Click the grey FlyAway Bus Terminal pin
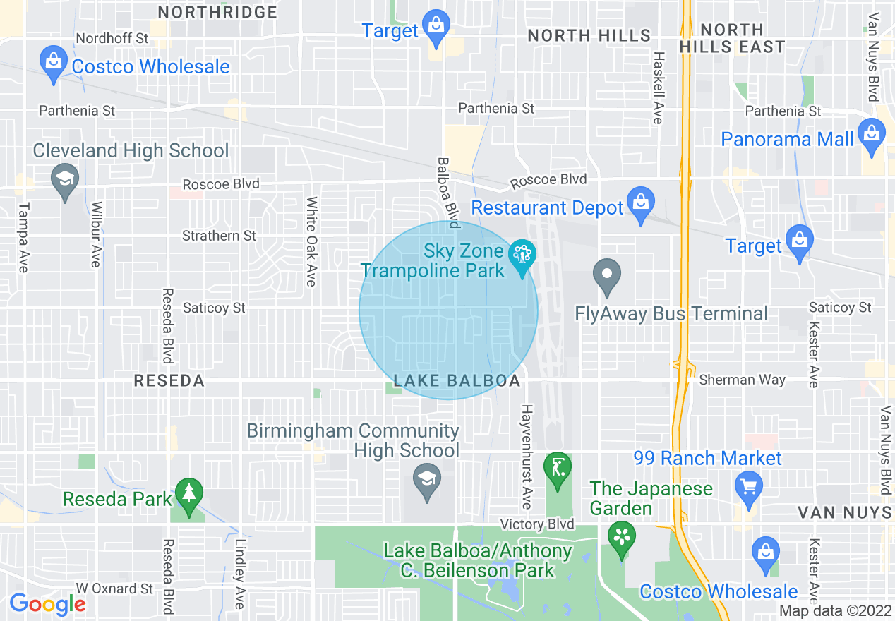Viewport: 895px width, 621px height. (x=606, y=275)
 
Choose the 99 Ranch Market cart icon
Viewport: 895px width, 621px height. (x=748, y=488)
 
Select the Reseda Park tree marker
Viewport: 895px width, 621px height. (x=188, y=493)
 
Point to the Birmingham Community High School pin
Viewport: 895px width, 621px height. (x=426, y=479)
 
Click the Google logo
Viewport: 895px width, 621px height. (x=47, y=604)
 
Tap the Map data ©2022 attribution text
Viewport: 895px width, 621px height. (x=835, y=611)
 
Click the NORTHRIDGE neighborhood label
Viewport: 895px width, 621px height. (x=217, y=12)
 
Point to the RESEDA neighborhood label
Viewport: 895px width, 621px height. (x=169, y=381)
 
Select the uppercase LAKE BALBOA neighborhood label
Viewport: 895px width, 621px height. (x=457, y=381)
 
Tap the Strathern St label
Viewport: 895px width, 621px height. (x=219, y=236)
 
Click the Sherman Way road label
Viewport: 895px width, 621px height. (x=742, y=380)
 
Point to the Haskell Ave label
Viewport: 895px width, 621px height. (x=658, y=88)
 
